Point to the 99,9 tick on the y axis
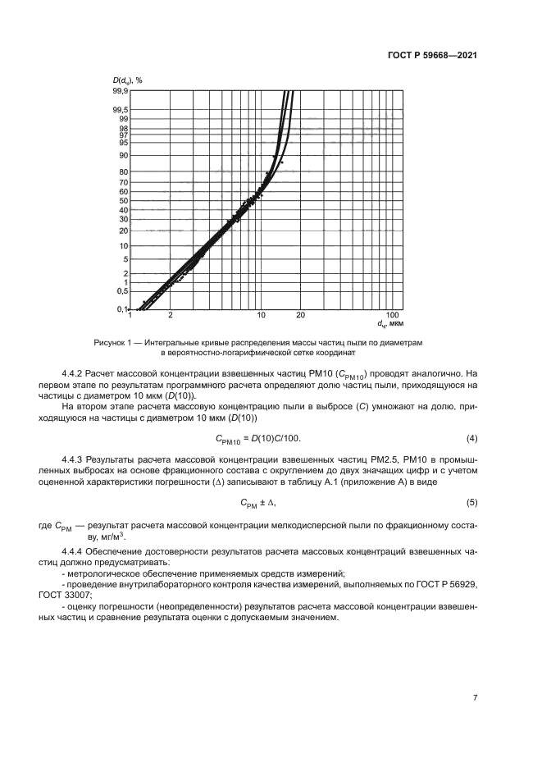tap(121, 90)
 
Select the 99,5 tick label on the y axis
tap(121, 110)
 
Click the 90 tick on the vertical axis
tap(123, 155)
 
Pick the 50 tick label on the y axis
tap(123, 200)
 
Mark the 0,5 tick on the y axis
tap(121, 290)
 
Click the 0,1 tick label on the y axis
tap(121, 308)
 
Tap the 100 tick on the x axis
tap(393, 315)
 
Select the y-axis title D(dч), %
tap(128, 80)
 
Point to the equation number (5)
tap(471, 502)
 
